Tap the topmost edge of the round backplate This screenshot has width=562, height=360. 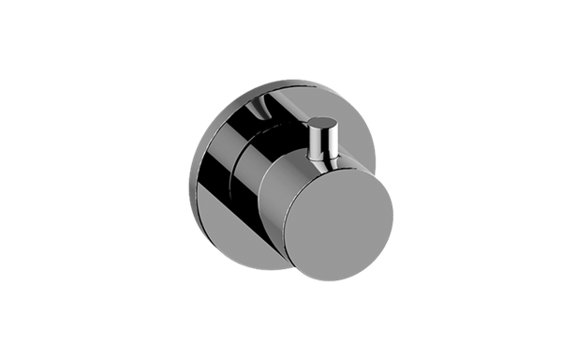[x=281, y=81]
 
